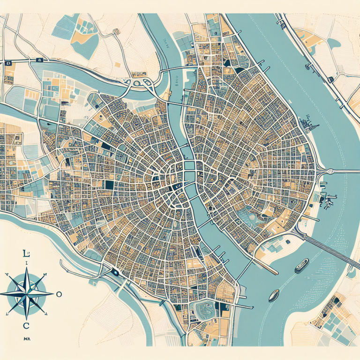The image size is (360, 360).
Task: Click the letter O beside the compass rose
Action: click(59, 294)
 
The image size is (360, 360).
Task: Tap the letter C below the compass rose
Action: click(26, 326)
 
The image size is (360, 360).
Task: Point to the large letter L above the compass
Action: click(26, 254)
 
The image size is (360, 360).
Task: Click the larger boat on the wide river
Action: click(301, 265)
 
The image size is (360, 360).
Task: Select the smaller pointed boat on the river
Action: click(274, 295)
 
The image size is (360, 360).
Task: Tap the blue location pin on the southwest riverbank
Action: click(114, 272)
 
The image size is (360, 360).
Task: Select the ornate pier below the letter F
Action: click(311, 124)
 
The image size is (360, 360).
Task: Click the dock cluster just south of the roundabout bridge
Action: click(328, 199)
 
